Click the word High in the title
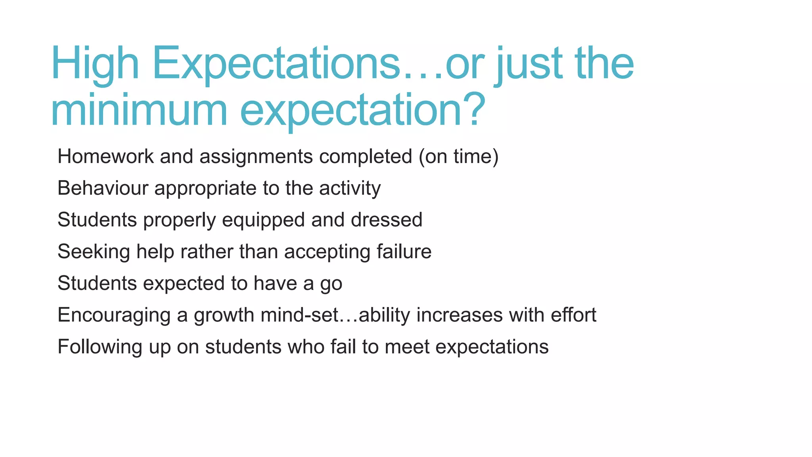(x=95, y=63)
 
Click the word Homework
(x=105, y=156)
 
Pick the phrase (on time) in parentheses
(x=459, y=156)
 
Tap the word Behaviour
(x=103, y=188)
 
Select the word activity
(x=350, y=188)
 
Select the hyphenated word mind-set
(x=300, y=315)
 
